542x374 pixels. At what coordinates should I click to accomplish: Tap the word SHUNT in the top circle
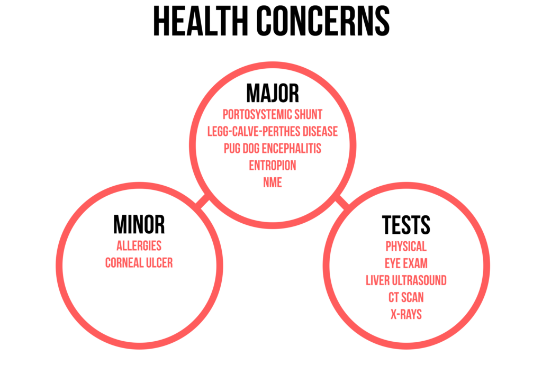coord(309,114)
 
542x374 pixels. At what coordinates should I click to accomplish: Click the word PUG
coord(231,148)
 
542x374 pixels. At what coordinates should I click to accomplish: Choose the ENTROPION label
coord(272,166)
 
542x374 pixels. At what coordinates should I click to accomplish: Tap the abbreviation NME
coord(272,183)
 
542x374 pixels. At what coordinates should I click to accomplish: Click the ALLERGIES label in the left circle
coord(139,246)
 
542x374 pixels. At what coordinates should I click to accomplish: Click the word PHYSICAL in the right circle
coord(406,247)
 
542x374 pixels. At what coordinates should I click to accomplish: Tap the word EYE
coord(394,263)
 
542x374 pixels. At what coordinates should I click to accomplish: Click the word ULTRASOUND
coord(419,280)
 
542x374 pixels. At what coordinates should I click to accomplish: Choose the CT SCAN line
coord(406,297)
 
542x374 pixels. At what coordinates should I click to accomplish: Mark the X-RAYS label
coord(406,314)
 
